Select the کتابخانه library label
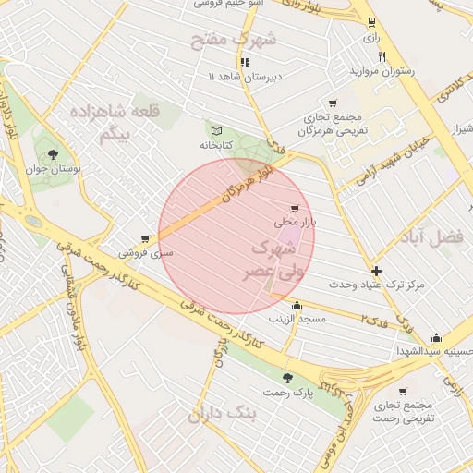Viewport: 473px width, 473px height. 219,145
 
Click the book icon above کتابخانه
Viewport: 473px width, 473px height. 218,131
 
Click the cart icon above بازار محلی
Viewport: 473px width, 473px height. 295,209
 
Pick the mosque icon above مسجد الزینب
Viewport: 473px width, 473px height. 297,306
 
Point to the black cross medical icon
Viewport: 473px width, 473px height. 376,271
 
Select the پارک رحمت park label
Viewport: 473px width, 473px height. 290,392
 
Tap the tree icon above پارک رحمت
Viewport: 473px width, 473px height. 289,378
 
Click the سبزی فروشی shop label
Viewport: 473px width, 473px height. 145,251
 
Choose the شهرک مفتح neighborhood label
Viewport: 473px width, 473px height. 234,40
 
